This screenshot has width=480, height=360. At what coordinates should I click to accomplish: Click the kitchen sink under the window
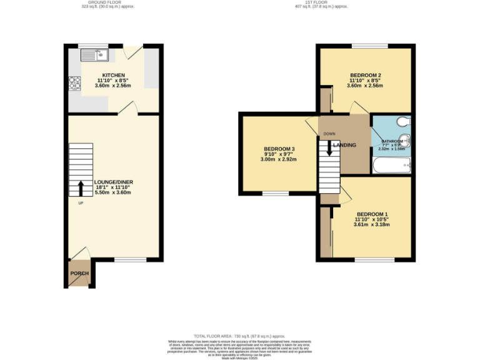(96, 56)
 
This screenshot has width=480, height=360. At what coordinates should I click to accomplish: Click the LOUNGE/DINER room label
(114, 182)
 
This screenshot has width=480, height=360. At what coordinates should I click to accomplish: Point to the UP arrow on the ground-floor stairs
(81, 188)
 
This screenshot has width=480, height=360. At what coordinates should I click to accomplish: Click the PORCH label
(79, 274)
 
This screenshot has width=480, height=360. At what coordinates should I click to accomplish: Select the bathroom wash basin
(406, 139)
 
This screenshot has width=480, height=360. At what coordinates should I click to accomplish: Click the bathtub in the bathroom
(391, 166)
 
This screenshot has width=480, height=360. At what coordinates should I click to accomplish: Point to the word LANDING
(344, 145)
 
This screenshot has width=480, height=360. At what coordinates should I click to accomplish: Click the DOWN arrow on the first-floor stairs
(329, 148)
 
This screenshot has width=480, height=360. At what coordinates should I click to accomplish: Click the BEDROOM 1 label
(372, 214)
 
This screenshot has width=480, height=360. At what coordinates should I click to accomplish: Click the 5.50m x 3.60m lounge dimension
(114, 192)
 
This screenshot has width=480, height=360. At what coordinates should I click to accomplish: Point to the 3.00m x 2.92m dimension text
(279, 159)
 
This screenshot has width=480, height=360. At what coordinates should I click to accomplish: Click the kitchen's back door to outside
(132, 52)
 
